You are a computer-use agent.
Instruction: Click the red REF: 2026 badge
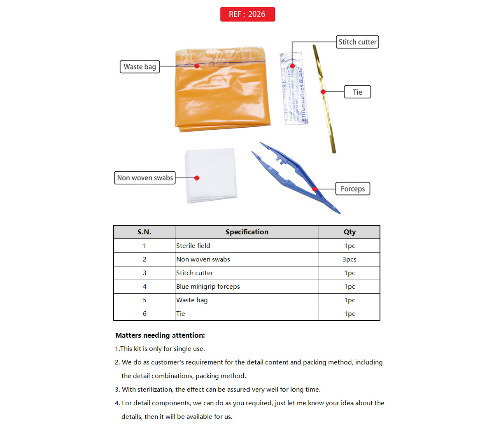click(x=247, y=14)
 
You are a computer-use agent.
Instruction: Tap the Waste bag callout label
click(x=140, y=67)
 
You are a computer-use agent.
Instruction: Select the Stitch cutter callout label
click(x=357, y=42)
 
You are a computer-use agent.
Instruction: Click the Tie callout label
click(x=357, y=92)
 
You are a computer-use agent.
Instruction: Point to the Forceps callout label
click(x=352, y=189)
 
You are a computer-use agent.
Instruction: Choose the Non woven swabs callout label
click(x=145, y=178)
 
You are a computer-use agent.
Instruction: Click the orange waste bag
click(x=222, y=95)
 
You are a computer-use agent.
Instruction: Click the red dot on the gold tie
click(x=323, y=92)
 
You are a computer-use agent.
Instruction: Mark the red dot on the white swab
click(x=197, y=178)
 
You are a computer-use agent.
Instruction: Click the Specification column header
click(x=247, y=232)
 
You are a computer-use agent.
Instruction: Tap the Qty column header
click(x=350, y=232)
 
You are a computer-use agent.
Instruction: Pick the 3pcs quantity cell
click(x=350, y=259)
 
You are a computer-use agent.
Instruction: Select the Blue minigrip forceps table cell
click(x=208, y=287)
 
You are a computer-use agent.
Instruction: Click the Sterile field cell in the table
click(x=193, y=246)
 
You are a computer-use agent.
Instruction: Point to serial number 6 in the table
click(x=144, y=314)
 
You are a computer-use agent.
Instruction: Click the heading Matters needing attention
click(x=160, y=335)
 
